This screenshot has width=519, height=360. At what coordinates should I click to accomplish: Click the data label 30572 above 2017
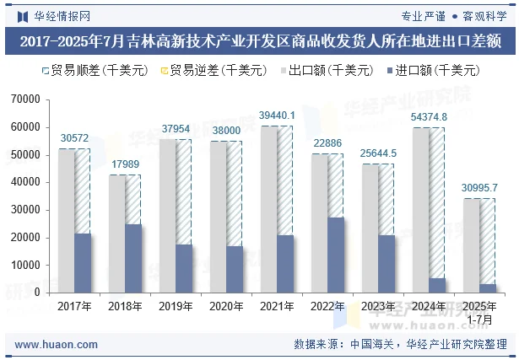[74, 138]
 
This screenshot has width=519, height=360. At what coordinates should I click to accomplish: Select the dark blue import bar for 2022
[336, 255]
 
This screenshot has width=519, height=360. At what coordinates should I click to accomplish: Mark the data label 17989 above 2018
[125, 164]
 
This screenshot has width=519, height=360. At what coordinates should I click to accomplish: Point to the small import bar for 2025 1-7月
[488, 288]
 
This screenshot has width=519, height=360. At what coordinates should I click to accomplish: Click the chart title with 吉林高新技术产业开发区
[259, 40]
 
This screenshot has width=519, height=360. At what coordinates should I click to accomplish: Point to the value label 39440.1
[277, 115]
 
